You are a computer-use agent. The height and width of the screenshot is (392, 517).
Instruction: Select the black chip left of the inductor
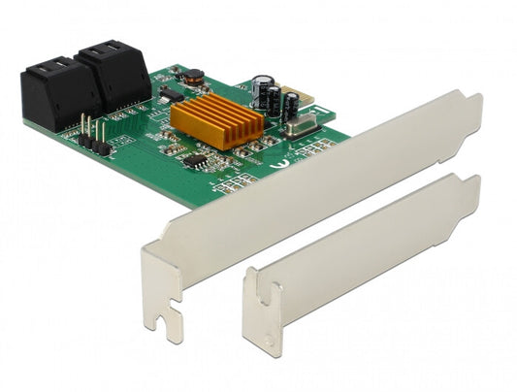click(x=171, y=94)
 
